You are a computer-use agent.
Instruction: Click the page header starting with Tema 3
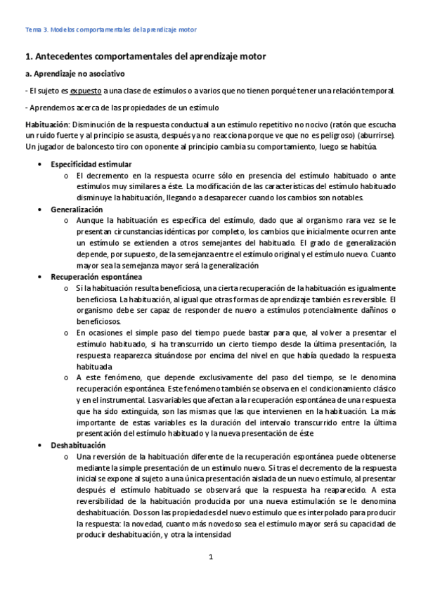111,30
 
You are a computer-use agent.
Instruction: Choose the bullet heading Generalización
77,209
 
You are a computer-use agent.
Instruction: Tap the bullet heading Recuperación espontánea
91,277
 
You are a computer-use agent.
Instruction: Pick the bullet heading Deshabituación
78,445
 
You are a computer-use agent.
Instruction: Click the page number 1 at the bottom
210,557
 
